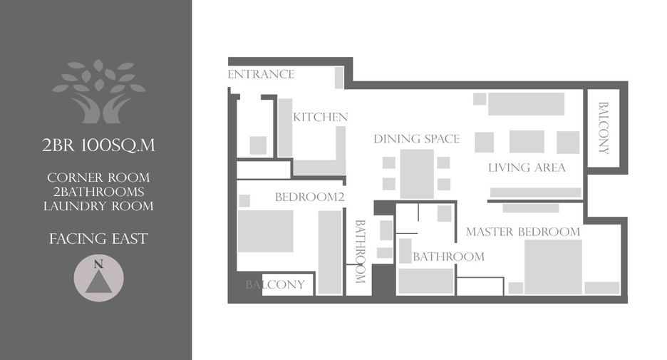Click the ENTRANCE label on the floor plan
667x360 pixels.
(262, 74)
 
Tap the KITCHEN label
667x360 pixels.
(320, 117)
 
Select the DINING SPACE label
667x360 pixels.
(416, 139)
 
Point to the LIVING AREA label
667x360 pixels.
(527, 168)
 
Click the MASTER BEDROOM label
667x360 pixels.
(523, 232)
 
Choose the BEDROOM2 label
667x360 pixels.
(309, 197)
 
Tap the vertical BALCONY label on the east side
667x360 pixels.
(603, 128)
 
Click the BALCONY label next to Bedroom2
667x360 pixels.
(275, 284)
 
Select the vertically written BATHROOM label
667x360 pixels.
(361, 252)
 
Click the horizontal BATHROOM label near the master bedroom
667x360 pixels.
(448, 257)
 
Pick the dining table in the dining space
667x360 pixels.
(417, 174)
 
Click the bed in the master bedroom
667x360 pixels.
(553, 267)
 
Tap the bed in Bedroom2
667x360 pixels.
(265, 231)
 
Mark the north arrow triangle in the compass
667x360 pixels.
(98, 282)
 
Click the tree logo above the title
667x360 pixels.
(98, 91)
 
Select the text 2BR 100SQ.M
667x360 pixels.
(98, 145)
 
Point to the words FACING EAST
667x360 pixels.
(98, 239)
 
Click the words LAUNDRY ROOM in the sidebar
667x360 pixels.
(98, 207)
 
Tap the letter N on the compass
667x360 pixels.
(98, 264)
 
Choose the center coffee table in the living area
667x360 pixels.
(527, 142)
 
